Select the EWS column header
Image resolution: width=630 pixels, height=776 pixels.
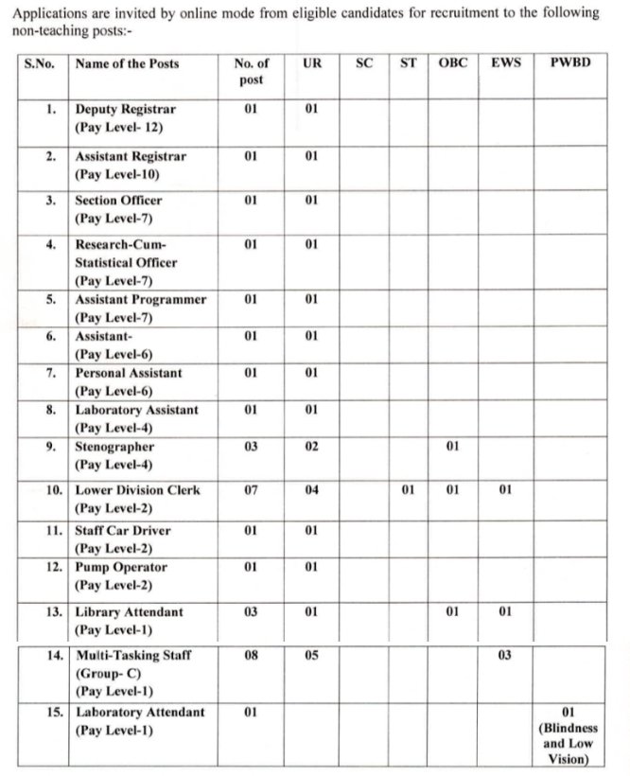(x=506, y=63)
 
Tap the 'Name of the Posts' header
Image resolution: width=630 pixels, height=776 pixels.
(x=127, y=63)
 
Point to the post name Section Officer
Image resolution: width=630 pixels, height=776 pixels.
(x=118, y=201)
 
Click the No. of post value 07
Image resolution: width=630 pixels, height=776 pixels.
(x=251, y=491)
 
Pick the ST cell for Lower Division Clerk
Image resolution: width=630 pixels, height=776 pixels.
(x=408, y=491)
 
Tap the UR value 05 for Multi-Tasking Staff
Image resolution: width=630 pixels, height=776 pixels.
(x=311, y=655)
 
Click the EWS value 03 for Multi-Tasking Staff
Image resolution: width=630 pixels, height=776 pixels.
(x=505, y=655)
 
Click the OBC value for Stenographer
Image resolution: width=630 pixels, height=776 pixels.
(x=453, y=447)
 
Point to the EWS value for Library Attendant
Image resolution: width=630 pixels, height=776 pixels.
(x=505, y=612)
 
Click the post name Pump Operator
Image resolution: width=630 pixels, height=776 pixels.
(x=121, y=568)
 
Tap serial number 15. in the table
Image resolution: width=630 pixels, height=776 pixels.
(x=55, y=712)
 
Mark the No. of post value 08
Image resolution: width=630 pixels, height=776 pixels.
(x=251, y=655)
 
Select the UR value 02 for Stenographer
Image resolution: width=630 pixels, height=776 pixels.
(x=311, y=447)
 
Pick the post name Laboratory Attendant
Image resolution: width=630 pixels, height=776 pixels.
(x=140, y=712)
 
